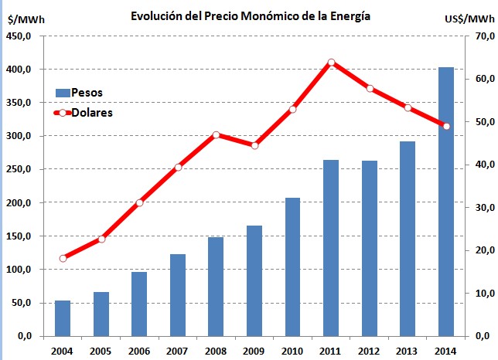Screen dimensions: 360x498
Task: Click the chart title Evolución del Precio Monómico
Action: (x=249, y=15)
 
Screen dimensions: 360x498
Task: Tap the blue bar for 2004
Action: (x=63, y=318)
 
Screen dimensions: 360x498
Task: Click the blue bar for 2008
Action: (x=216, y=287)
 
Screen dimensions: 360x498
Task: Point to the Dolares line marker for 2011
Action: (x=331, y=63)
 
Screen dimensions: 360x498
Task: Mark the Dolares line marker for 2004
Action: (x=63, y=258)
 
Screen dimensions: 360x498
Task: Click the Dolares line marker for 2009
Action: (x=254, y=145)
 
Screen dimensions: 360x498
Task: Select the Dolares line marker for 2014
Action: (x=445, y=126)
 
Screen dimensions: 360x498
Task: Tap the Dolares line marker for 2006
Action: (x=139, y=203)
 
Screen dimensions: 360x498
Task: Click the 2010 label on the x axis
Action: (x=292, y=352)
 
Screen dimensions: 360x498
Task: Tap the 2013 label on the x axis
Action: (x=408, y=352)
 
